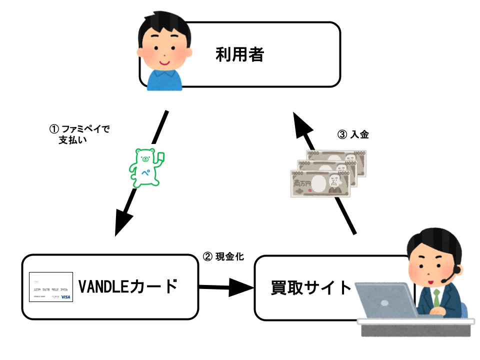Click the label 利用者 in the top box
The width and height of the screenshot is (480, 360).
[239, 54]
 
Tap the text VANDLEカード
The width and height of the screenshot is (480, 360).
[128, 287]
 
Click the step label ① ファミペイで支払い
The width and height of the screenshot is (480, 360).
[78, 134]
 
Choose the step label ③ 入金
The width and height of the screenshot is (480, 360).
[353, 134]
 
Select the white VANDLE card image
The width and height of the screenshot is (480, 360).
[50, 287]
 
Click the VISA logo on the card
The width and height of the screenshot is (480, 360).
[65, 297]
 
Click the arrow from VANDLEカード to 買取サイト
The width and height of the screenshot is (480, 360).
[225, 288]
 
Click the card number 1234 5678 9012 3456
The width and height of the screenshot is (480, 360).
[50, 289]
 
